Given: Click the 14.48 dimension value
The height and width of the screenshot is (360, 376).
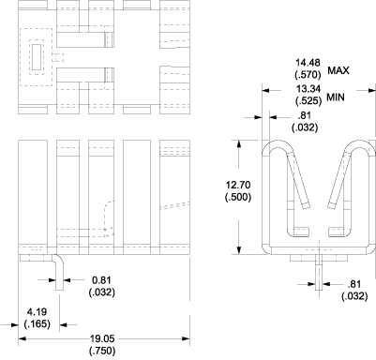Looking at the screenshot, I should pos(308,63).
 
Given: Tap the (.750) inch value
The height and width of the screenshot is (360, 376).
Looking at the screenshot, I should pos(103,352).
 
